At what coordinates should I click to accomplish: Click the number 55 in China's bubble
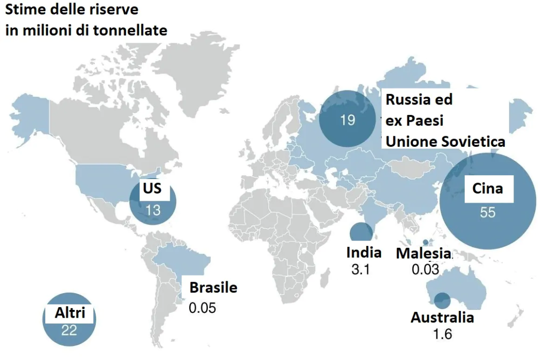487,212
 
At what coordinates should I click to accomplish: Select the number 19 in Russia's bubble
347,119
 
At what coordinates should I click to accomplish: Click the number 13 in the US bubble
153,210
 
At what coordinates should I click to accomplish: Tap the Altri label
70,313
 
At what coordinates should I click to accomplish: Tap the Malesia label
423,253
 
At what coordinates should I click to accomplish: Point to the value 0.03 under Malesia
425,269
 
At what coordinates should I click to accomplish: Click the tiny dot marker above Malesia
425,242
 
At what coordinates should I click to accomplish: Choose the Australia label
442,317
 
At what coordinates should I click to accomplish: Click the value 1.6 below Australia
442,334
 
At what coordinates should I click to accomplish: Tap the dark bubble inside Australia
442,301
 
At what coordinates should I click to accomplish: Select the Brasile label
213,287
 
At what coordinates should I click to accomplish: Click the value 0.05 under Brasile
203,307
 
